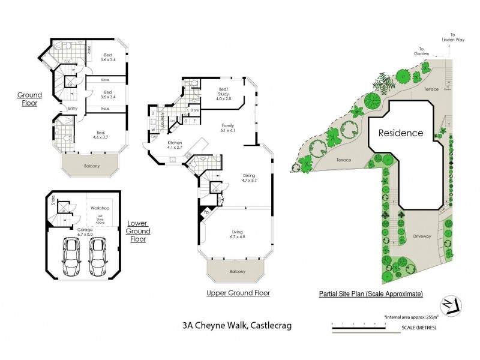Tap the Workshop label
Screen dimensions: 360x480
99,208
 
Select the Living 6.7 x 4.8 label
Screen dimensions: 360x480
238,233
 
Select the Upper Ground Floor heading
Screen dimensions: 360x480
238,293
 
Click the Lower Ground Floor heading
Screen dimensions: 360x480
138,231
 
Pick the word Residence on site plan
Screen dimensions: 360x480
400,133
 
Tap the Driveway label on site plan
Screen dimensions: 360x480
422,236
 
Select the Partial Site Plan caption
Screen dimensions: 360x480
371,294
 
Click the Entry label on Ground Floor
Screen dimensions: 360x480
73,108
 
